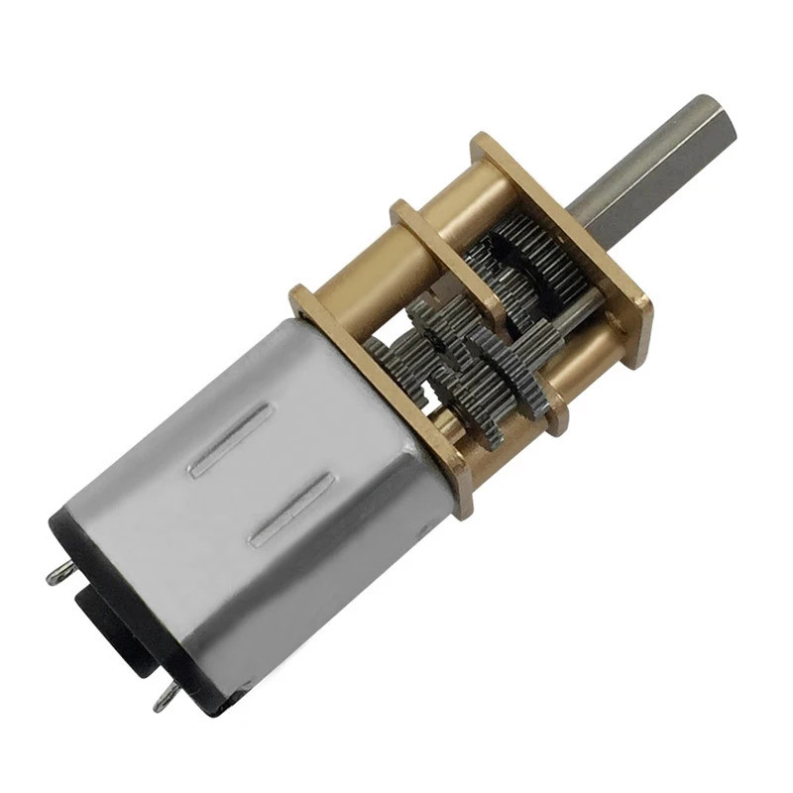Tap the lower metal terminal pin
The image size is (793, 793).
pos(165,700)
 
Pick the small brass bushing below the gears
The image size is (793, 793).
pos(451,426)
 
